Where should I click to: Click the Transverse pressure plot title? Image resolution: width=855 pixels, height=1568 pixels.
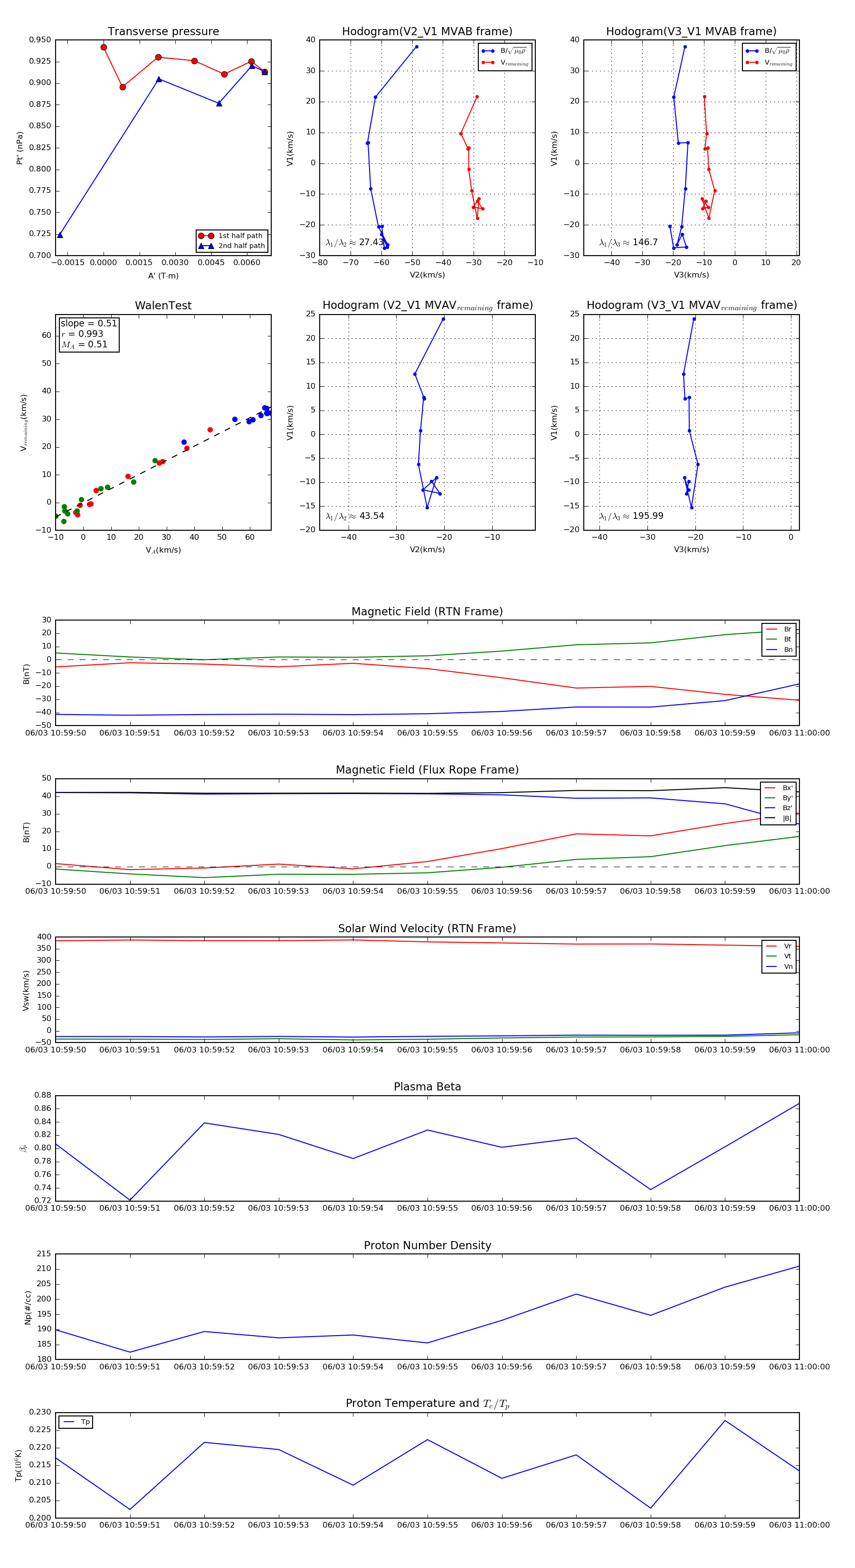tap(163, 32)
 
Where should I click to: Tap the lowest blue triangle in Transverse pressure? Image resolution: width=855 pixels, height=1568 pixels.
tap(60, 235)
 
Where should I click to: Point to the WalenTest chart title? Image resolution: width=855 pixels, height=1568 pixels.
tap(163, 306)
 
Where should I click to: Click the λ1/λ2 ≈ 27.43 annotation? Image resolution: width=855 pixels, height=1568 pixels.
tap(354, 242)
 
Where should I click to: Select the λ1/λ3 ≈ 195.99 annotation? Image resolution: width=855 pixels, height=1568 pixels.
tap(630, 516)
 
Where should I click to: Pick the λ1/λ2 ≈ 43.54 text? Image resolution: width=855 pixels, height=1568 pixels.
tap(354, 516)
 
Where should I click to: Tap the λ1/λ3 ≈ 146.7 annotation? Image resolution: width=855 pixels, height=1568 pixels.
tap(628, 242)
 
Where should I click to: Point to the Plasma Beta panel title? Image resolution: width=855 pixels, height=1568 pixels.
tap(427, 1087)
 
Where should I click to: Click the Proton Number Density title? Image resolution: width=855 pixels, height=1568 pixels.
tap(427, 1245)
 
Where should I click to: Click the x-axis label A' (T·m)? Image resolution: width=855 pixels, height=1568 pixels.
tap(163, 276)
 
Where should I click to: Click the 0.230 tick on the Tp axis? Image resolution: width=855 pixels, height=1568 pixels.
tap(40, 1412)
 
